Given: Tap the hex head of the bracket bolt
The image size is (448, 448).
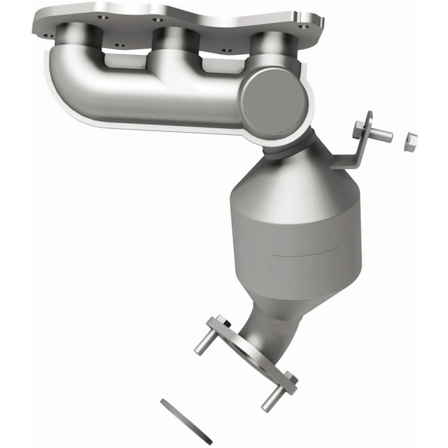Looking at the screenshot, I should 359,131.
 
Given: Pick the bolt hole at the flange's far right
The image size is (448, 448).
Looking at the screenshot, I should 303,27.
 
